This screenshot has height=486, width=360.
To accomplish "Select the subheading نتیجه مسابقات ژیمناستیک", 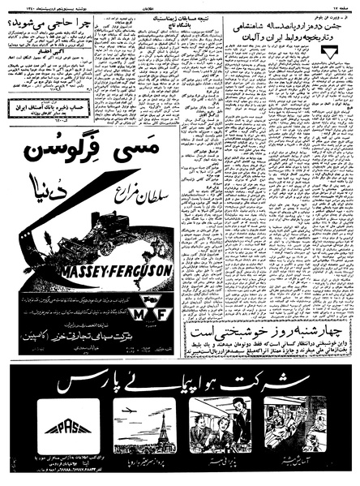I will [181, 19].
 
